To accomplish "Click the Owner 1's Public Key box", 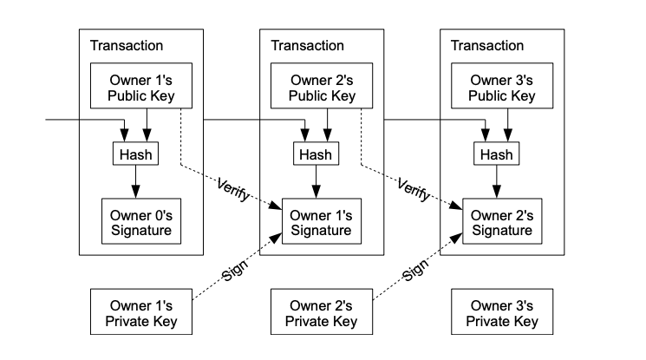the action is coord(140,86).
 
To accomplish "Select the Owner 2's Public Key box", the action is coord(322,86).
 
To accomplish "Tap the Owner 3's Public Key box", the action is coord(502,86).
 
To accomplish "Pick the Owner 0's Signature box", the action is coord(140,221).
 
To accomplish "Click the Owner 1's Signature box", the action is coord(322,221).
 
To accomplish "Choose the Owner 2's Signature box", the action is coord(502,221).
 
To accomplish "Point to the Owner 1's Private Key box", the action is coord(140,311).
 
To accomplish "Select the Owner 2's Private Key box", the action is coord(322,311).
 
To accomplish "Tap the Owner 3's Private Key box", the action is coord(502,311).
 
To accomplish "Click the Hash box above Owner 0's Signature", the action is coord(135,154).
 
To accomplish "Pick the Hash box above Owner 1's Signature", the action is coord(316,154).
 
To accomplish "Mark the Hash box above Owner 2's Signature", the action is coord(497,154).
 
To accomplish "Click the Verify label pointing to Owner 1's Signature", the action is coord(233,190).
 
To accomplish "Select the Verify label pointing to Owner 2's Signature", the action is coord(414,190).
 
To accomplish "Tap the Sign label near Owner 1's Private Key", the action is coord(235,270).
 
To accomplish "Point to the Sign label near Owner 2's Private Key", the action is coord(415,270).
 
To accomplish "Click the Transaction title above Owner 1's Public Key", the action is coord(127,45).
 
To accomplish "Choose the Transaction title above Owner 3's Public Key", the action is coord(487,45).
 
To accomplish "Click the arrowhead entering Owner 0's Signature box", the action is coord(135,192).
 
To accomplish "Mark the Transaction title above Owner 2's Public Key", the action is coord(307,45).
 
